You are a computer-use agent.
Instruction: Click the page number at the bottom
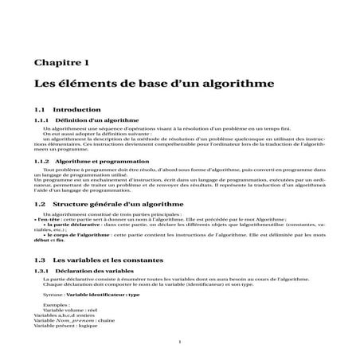[181, 341]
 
